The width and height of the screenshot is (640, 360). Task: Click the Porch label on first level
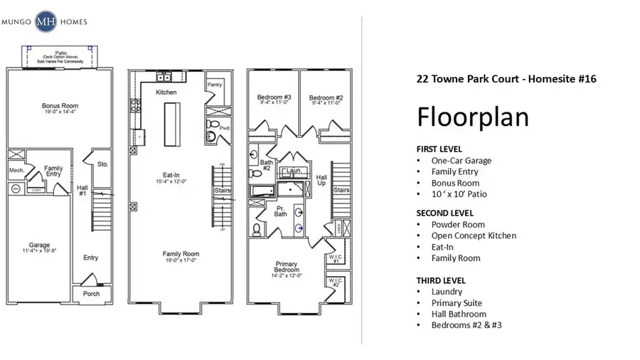[x=91, y=293]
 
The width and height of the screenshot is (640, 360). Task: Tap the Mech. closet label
[x=16, y=170]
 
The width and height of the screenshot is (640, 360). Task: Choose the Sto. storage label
[x=102, y=164]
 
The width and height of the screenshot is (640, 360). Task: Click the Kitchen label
[x=166, y=92]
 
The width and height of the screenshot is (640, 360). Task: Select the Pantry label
[x=215, y=85]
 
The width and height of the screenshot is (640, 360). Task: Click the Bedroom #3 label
[x=272, y=97]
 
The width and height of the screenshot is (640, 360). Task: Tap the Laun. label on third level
[x=292, y=171]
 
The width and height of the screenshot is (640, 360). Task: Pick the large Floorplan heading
[x=472, y=116]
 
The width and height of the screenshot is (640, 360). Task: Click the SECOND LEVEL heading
[x=444, y=213]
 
